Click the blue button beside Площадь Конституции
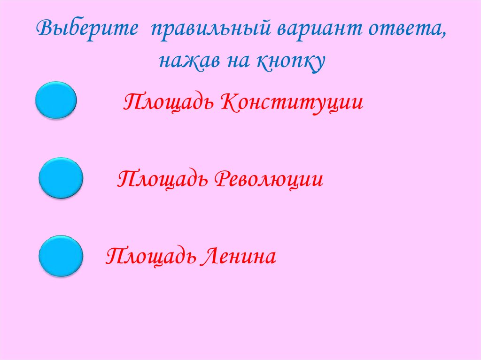[x=56, y=100]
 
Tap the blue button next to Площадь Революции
[x=61, y=178]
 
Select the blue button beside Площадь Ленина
[x=61, y=256]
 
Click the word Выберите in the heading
[x=87, y=31]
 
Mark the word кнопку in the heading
[x=291, y=62]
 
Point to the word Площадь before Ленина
[x=150, y=257]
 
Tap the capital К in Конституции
[x=227, y=101]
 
